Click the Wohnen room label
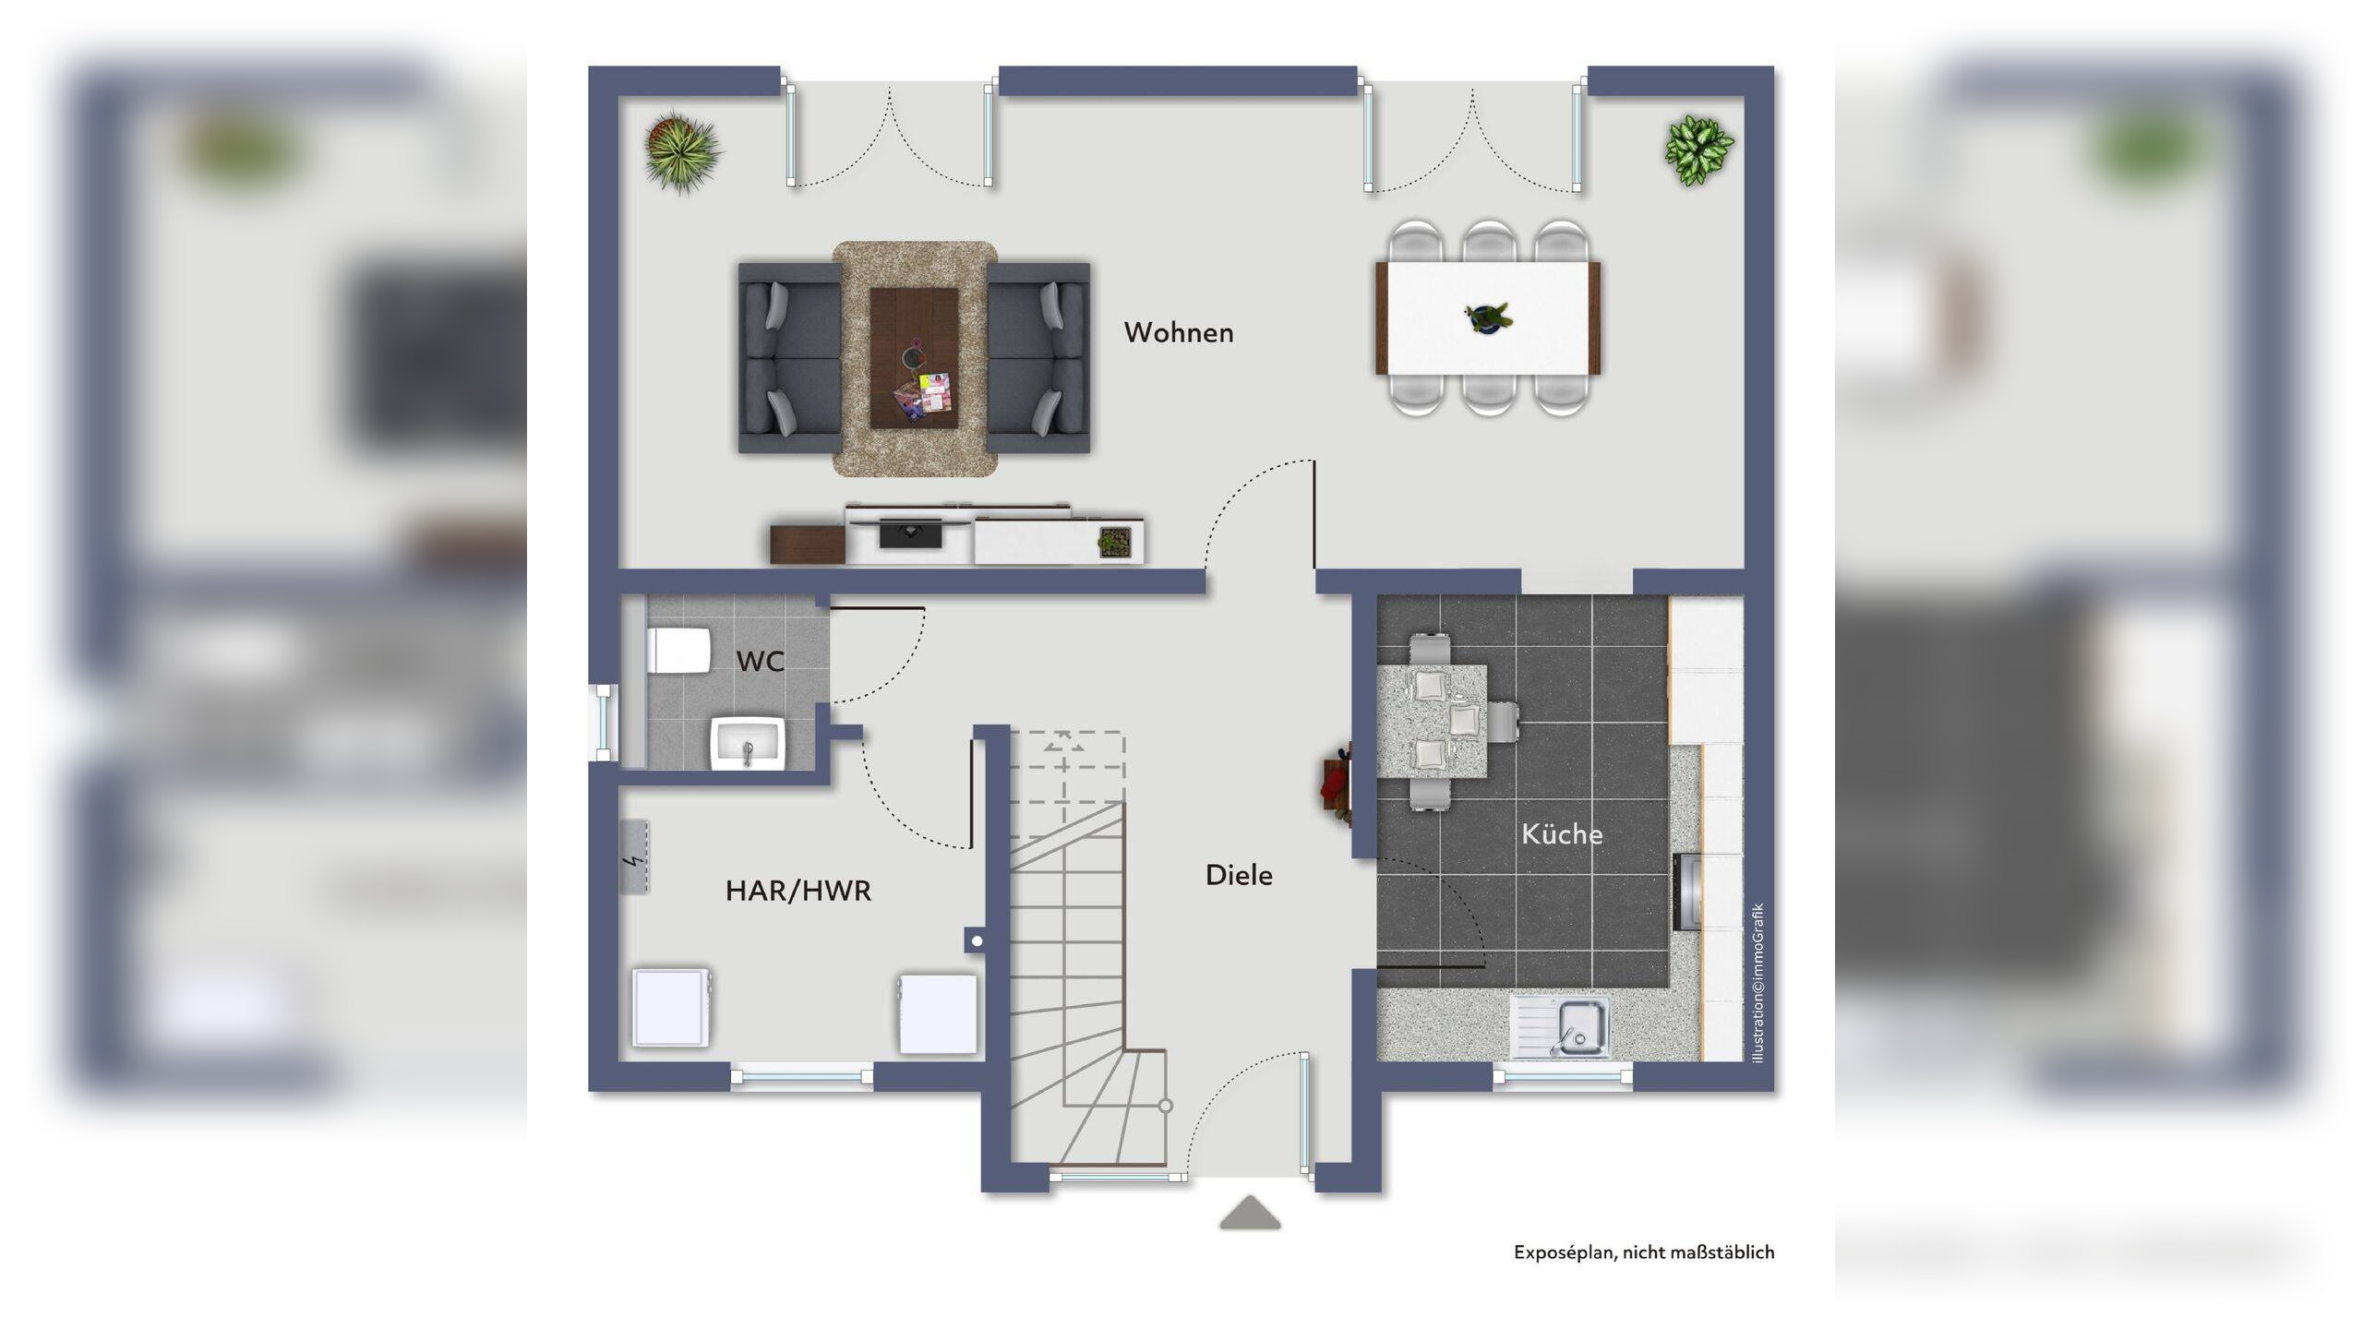[1178, 332]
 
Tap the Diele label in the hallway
[1239, 875]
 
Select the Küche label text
[1562, 833]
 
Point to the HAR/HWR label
[798, 891]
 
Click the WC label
[761, 661]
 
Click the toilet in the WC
[678, 652]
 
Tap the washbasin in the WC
[748, 744]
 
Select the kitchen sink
[1560, 1027]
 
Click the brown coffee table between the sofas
[914, 358]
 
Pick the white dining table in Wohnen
[1488, 318]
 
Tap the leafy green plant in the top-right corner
[1698, 150]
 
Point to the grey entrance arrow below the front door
[1250, 1213]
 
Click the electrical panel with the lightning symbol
[634, 856]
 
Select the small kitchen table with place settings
[1432, 721]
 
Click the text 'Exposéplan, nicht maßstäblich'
[1644, 1252]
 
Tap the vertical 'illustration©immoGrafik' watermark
[1757, 983]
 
